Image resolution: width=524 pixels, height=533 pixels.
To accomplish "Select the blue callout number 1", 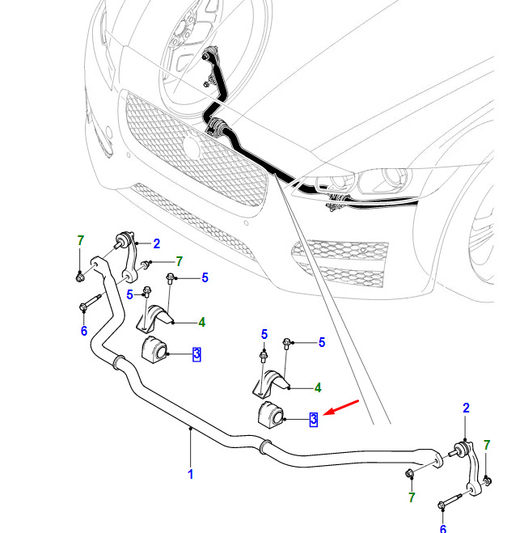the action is (x=190, y=474).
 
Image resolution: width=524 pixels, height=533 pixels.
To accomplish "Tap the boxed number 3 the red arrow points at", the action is (x=313, y=419).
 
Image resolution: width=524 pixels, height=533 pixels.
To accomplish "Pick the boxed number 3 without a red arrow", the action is (x=196, y=354).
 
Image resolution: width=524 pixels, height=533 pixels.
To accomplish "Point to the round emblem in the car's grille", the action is (x=191, y=147).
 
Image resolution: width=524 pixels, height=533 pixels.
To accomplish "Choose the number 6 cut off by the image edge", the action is (x=443, y=529).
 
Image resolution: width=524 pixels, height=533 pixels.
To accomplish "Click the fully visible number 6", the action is (x=84, y=331).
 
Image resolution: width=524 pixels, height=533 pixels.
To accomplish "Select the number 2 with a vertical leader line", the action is (x=466, y=408).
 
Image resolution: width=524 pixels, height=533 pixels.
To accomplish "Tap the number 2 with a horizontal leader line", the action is (x=156, y=243).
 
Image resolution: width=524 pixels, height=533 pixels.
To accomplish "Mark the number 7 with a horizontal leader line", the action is (x=179, y=261).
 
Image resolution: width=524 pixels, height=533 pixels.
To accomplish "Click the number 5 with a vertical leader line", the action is (x=264, y=335).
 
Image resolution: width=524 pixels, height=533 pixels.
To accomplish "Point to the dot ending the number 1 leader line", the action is (x=191, y=429).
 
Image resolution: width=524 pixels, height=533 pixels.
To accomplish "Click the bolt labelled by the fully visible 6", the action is (x=90, y=302).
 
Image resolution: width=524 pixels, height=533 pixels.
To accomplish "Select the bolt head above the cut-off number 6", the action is (x=442, y=506).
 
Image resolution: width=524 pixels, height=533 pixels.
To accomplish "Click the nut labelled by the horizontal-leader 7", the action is (x=146, y=264).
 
